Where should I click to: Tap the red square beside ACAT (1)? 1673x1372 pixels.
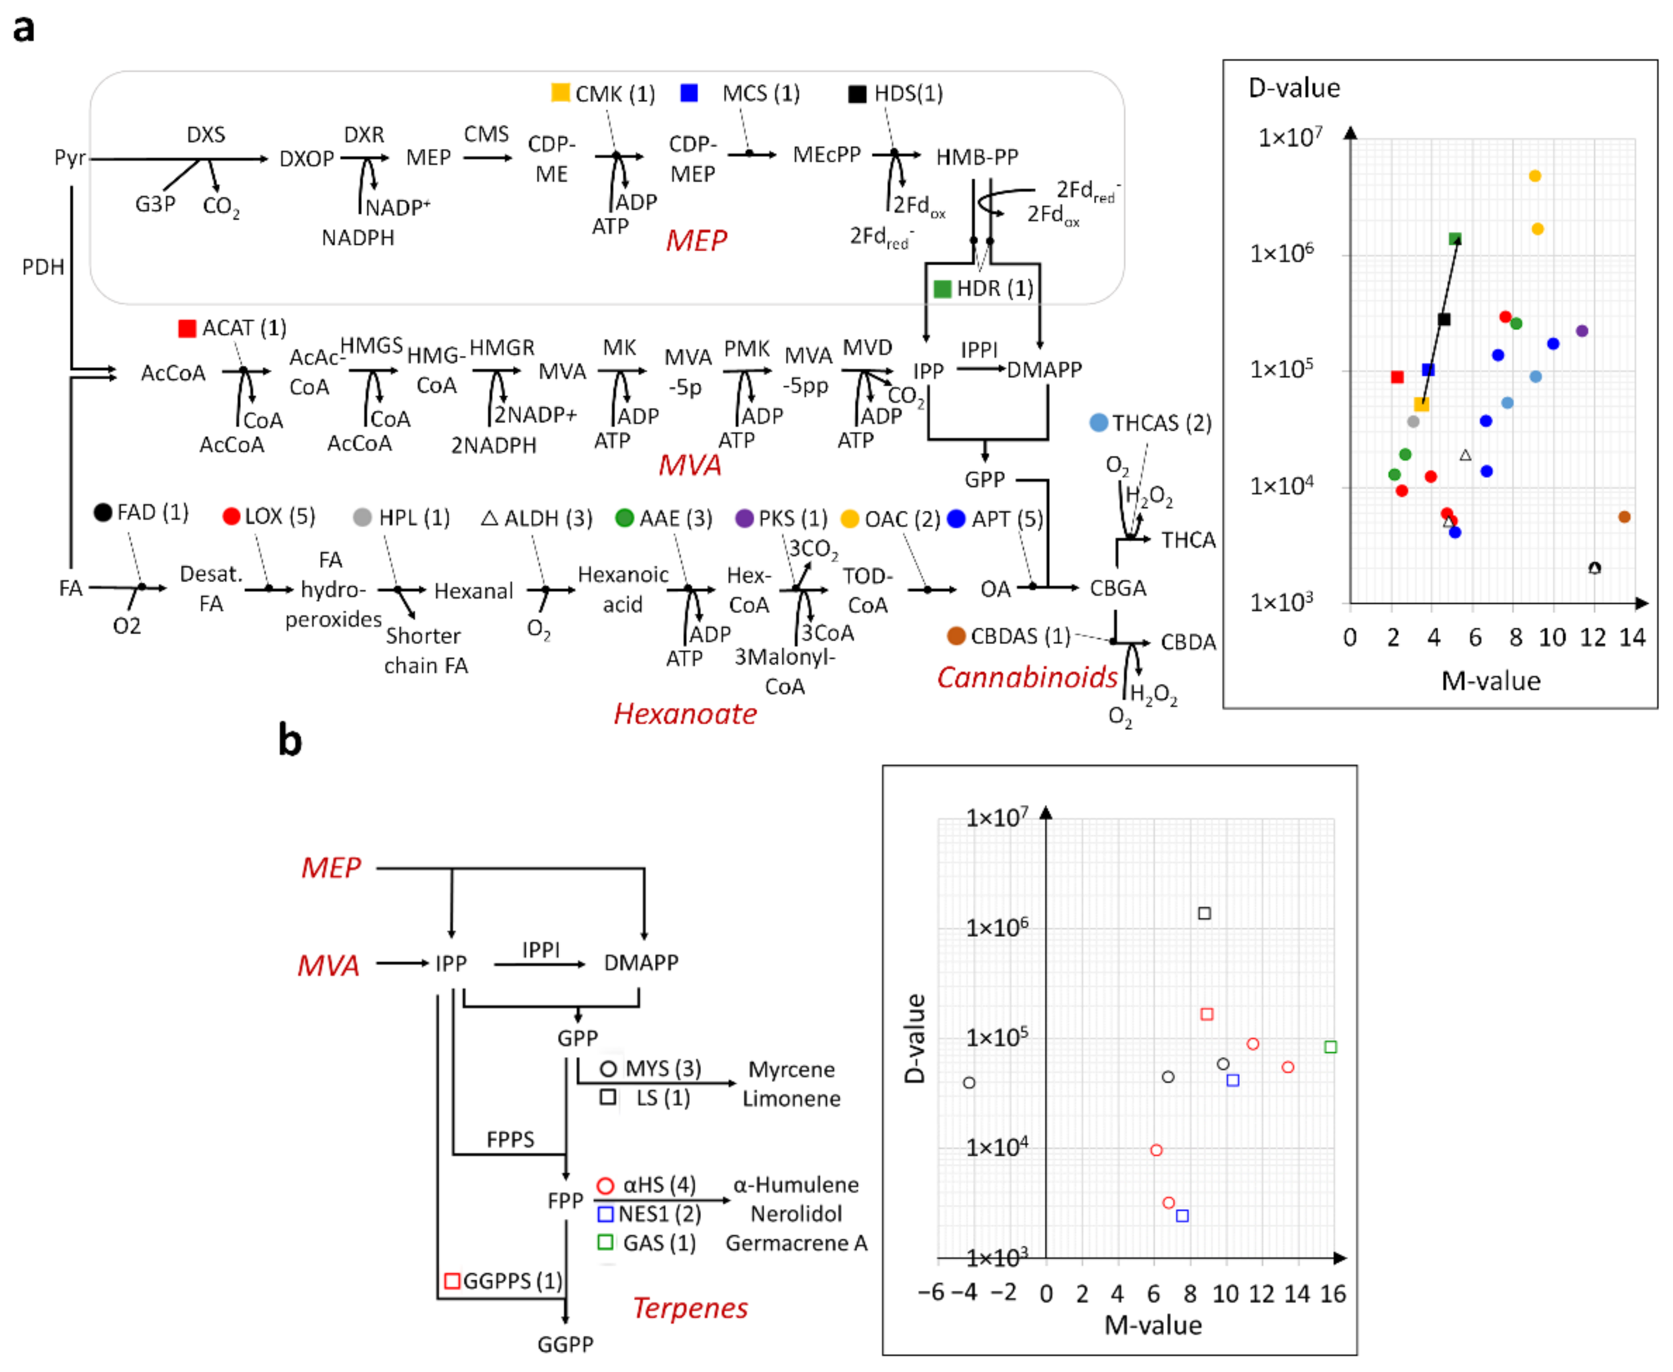pos(187,328)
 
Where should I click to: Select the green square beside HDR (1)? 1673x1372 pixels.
pos(941,289)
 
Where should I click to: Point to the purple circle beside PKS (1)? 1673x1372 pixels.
pos(744,518)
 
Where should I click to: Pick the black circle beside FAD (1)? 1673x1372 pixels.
pos(103,512)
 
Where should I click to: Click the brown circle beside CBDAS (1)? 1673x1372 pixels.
pos(956,635)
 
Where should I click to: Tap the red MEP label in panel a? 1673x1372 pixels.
pos(695,240)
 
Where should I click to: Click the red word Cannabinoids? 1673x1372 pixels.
pos(1026,677)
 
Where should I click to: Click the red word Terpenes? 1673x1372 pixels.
pos(690,1308)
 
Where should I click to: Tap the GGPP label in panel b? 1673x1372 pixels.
pos(565,1345)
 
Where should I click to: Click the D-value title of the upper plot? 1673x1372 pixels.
pos(1294,88)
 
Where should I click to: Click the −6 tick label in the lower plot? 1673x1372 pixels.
pos(933,1292)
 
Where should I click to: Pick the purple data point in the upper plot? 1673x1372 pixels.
pos(1581,331)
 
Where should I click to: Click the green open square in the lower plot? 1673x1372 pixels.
pos(1330,1047)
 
